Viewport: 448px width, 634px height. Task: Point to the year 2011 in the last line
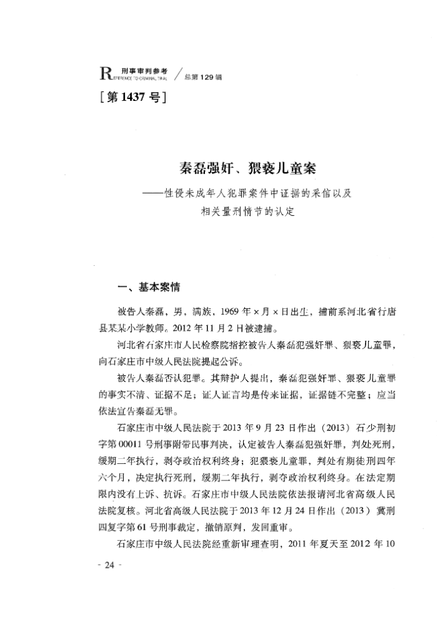point(299,544)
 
